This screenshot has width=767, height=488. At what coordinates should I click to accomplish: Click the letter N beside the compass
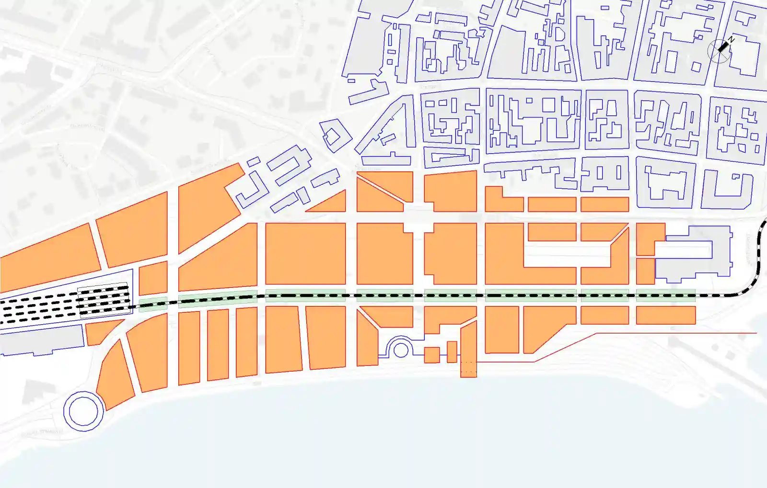(731, 39)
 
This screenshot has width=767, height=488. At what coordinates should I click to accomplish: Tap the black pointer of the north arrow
(723, 46)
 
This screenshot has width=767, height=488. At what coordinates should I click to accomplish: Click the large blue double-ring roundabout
(83, 411)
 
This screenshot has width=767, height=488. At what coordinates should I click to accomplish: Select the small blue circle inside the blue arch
(401, 350)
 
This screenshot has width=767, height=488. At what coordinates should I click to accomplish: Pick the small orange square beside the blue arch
(431, 355)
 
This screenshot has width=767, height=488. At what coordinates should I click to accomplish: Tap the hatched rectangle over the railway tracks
(103, 299)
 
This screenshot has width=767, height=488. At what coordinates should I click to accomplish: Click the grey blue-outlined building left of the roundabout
(41, 340)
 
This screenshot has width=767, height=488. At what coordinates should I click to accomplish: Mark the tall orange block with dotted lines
(468, 350)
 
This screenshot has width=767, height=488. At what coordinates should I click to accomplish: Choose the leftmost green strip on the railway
(153, 305)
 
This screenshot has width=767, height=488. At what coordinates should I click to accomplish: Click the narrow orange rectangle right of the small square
(452, 352)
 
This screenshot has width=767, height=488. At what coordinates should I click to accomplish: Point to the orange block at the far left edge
(48, 259)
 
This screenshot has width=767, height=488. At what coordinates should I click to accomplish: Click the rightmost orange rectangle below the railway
(665, 315)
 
